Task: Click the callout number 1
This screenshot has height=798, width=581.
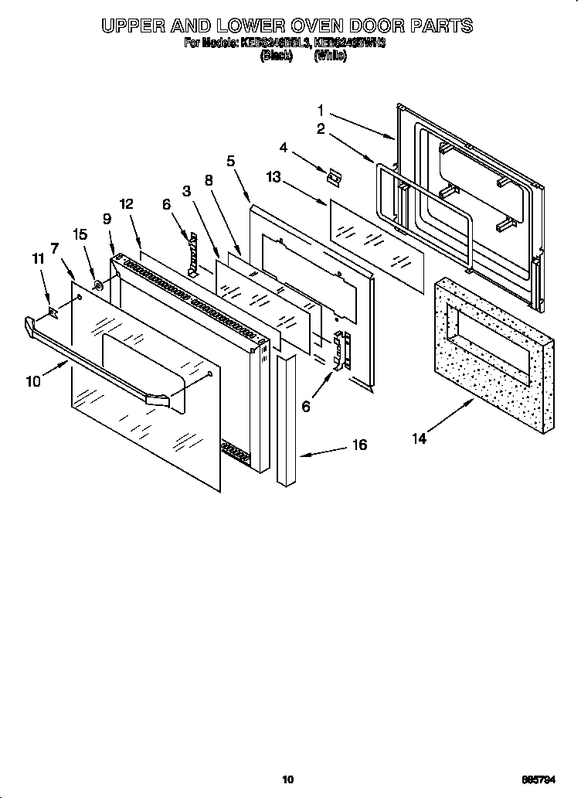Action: tap(321, 111)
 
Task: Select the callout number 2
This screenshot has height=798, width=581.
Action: tap(321, 129)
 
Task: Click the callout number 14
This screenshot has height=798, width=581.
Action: tap(419, 438)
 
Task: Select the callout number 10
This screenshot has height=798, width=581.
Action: tap(33, 380)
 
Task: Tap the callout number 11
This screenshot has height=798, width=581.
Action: tap(36, 260)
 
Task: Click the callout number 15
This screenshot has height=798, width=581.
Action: tap(79, 234)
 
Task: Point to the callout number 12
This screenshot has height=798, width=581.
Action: tap(127, 204)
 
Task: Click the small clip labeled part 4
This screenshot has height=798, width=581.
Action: tap(333, 177)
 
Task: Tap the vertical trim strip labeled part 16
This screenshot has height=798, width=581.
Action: tap(286, 421)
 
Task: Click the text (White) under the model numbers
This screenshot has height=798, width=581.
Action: tap(329, 56)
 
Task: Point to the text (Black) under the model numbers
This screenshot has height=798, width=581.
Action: tap(276, 56)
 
